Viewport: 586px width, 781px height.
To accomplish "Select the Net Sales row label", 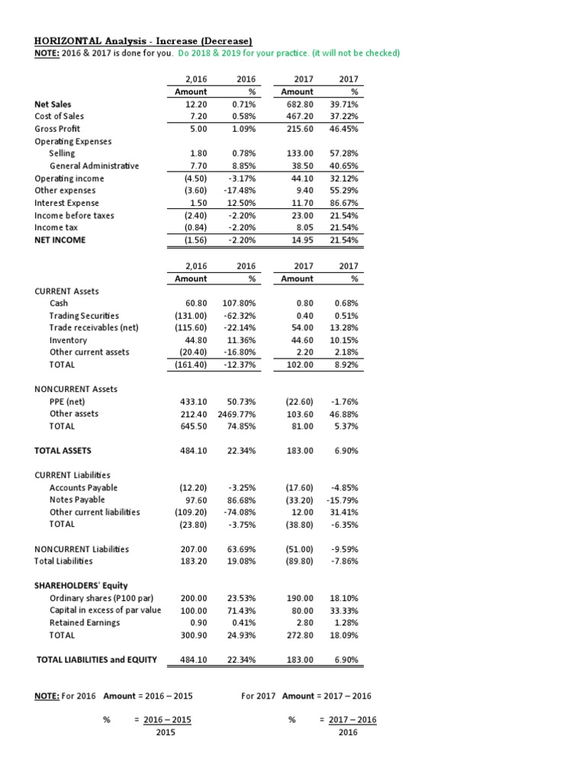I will [55, 104].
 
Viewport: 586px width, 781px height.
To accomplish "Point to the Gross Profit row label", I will [57, 128].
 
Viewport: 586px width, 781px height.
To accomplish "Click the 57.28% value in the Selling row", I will [344, 153].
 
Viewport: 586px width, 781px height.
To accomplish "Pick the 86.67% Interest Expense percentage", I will [344, 203].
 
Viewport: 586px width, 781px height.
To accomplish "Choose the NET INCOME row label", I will [60, 239].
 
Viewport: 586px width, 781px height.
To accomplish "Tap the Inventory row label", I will [68, 340].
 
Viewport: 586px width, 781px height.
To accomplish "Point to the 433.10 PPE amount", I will [192, 401].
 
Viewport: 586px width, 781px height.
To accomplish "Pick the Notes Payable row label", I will [78, 500].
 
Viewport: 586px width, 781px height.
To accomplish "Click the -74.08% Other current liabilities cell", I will [241, 512].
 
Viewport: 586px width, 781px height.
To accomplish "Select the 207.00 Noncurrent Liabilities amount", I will [192, 548].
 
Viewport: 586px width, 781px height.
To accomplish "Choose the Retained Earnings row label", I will [85, 622].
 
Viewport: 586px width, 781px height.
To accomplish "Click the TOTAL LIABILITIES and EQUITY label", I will [97, 659].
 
